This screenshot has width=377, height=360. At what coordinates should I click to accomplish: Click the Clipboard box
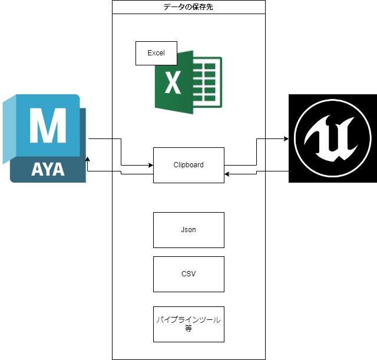[188, 165]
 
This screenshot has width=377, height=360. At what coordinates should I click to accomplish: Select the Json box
[188, 230]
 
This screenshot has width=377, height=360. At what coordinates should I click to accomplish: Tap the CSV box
[188, 274]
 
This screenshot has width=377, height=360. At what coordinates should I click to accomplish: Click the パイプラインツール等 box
[188, 324]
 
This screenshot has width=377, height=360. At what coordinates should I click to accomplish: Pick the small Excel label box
[156, 53]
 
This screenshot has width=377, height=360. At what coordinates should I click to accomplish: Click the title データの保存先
[188, 7]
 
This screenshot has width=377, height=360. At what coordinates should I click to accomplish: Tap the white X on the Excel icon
[173, 82]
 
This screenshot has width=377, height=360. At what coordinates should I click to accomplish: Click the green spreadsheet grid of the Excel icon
[207, 82]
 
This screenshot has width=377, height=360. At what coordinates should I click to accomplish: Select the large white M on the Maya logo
[48, 125]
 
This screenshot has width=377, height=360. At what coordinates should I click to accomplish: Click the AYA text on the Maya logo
[48, 170]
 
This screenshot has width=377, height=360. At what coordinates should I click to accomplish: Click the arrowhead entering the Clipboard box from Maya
[151, 165]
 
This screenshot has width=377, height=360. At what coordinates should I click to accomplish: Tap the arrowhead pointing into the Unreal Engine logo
[286, 138]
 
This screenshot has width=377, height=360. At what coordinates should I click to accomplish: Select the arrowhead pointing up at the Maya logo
[88, 159]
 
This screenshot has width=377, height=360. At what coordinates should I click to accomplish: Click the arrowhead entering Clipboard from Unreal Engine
[227, 174]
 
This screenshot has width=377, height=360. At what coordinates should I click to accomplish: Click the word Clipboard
[188, 165]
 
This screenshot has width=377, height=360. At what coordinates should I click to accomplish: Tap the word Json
[188, 230]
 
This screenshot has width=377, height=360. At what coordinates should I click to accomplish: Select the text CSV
[188, 274]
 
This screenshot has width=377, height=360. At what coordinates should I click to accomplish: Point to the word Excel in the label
[156, 53]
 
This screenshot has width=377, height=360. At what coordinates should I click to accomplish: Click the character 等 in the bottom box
[188, 329]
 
